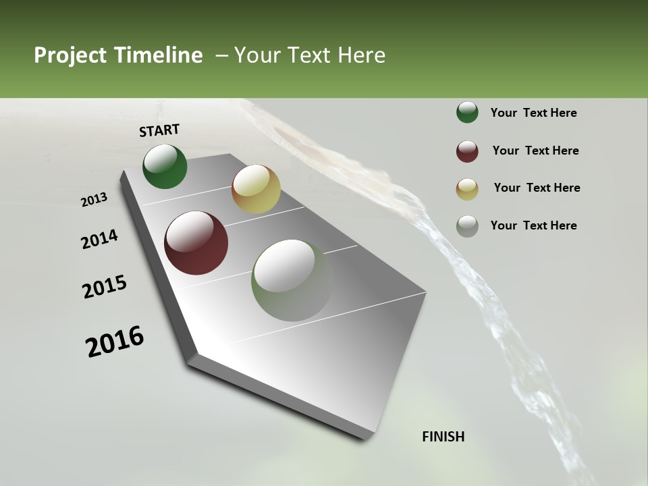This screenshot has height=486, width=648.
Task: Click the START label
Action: pos(159,130)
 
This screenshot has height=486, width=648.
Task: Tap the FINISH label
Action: pos(443,437)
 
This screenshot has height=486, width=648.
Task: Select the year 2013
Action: pos(94,200)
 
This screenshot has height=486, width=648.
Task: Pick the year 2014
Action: pos(99,240)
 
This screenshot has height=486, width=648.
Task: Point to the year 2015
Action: pos(105,287)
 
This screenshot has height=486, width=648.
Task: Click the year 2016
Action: pos(115,342)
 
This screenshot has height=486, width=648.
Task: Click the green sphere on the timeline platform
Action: pos(165,166)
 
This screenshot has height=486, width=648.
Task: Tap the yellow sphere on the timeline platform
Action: pos(256,189)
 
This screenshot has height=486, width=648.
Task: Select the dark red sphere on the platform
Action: pos(196,243)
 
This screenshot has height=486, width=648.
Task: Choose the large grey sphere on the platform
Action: pos(292,280)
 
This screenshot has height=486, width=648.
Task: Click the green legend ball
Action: pos(467,112)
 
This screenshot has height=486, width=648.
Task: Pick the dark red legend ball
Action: pos(467,151)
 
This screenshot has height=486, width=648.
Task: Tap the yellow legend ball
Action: pos(467,189)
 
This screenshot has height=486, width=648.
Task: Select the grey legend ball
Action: pos(467,226)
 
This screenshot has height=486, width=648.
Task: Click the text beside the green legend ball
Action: pos(533,113)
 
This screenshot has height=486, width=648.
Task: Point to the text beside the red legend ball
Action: pos(535,151)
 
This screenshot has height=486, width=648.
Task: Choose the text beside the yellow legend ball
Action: pos(537,188)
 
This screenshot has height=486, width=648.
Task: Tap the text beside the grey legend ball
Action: pos(533,225)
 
